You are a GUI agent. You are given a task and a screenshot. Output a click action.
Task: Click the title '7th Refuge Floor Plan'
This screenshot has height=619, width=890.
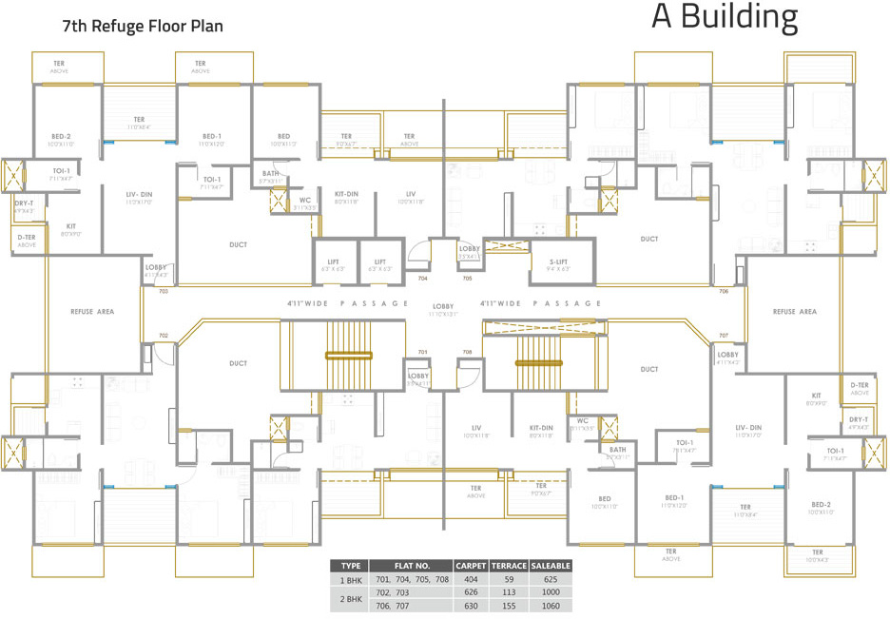142,26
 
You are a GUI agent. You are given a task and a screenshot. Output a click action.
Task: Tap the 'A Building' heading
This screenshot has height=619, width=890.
725,18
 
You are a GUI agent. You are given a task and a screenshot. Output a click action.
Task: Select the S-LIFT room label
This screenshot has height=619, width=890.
559,264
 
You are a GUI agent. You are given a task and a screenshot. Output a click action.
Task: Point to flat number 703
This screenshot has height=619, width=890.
163,291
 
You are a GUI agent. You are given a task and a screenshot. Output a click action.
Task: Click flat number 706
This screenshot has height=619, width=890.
724,291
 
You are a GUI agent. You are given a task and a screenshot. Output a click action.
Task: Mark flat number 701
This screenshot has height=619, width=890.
422,352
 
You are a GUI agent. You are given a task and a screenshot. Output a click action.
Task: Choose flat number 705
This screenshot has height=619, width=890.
467,279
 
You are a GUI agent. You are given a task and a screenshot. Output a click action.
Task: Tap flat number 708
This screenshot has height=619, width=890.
467,352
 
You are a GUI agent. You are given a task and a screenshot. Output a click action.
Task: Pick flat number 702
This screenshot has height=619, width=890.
163,336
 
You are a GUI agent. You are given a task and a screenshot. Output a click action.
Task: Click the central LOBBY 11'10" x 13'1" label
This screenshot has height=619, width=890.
442,310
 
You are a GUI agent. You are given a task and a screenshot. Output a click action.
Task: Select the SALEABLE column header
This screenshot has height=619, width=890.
551,566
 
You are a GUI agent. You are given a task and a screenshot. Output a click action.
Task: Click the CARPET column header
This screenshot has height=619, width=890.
471,566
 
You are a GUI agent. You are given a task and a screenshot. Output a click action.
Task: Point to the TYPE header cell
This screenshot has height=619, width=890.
350,566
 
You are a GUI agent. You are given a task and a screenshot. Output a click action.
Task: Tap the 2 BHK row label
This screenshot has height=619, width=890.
350,598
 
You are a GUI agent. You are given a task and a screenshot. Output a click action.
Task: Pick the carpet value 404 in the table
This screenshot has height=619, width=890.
471,578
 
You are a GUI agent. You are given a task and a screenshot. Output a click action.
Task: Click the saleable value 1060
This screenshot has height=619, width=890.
551,605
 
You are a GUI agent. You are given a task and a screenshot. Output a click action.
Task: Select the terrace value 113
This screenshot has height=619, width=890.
509,591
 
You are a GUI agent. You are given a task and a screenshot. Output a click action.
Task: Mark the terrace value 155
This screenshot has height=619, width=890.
509,605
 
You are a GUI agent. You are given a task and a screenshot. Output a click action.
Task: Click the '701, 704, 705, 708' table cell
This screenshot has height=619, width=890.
412,578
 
